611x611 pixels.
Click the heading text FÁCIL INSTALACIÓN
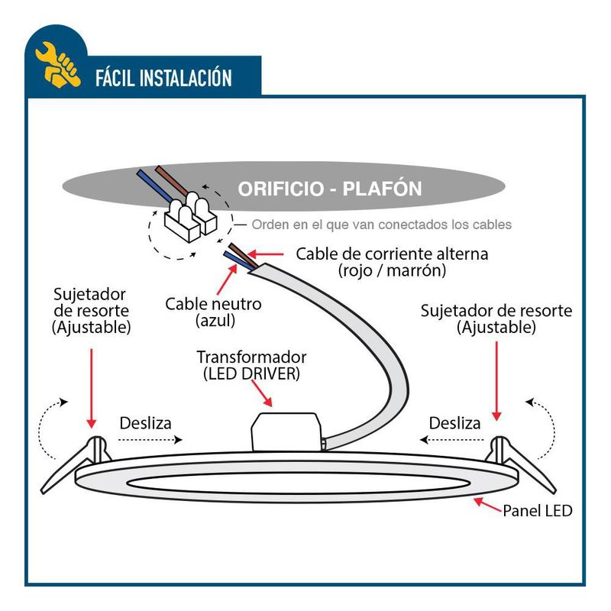click(163, 78)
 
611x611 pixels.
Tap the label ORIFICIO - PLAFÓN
click(329, 188)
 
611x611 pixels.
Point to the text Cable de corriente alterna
click(392, 254)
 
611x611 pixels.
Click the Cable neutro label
click(213, 303)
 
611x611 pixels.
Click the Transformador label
click(251, 357)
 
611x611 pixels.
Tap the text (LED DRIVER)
click(251, 374)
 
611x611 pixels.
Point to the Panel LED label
click(537, 511)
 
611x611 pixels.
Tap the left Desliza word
click(145, 422)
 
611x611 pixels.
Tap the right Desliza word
click(454, 422)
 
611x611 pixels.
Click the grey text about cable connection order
click(381, 225)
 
